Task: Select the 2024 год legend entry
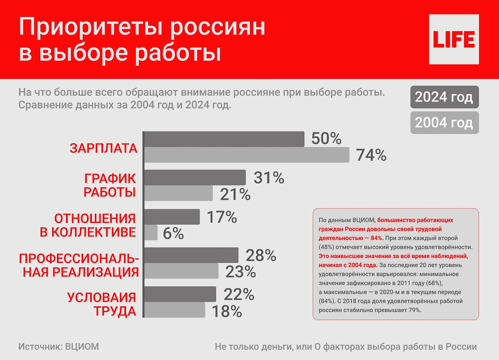point(444,97)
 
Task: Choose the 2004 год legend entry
point(444,123)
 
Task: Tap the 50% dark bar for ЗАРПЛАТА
point(224,139)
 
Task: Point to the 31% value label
point(269,178)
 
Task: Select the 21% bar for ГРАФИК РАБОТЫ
point(179,194)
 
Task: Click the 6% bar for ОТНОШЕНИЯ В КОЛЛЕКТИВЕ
point(151,233)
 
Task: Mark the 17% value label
point(222,217)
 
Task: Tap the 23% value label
point(240,271)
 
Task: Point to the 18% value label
point(227,311)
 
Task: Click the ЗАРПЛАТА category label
point(103,149)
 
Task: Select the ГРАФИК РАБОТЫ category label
point(110,186)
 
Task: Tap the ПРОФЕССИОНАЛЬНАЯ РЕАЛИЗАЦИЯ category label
point(79,265)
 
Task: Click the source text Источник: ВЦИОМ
point(59,347)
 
